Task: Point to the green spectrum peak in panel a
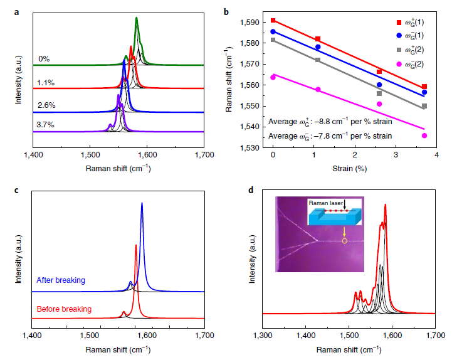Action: click(137, 19)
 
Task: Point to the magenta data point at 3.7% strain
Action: click(424, 135)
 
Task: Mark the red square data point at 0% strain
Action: click(273, 21)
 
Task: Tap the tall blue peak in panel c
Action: click(142, 204)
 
